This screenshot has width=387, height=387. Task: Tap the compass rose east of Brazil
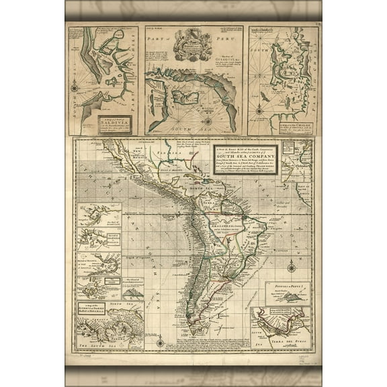290,267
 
